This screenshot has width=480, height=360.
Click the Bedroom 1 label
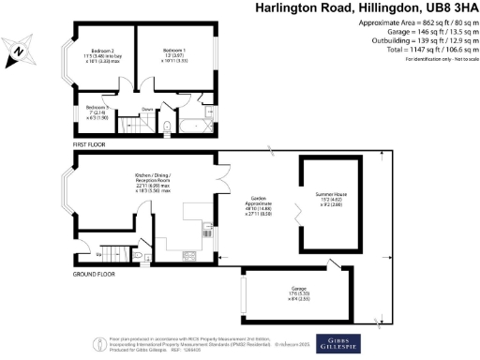click(x=173, y=49)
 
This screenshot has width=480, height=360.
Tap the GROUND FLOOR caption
click(x=94, y=275)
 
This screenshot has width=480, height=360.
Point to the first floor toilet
click(x=165, y=127)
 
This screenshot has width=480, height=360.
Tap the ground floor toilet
click(x=138, y=253)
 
